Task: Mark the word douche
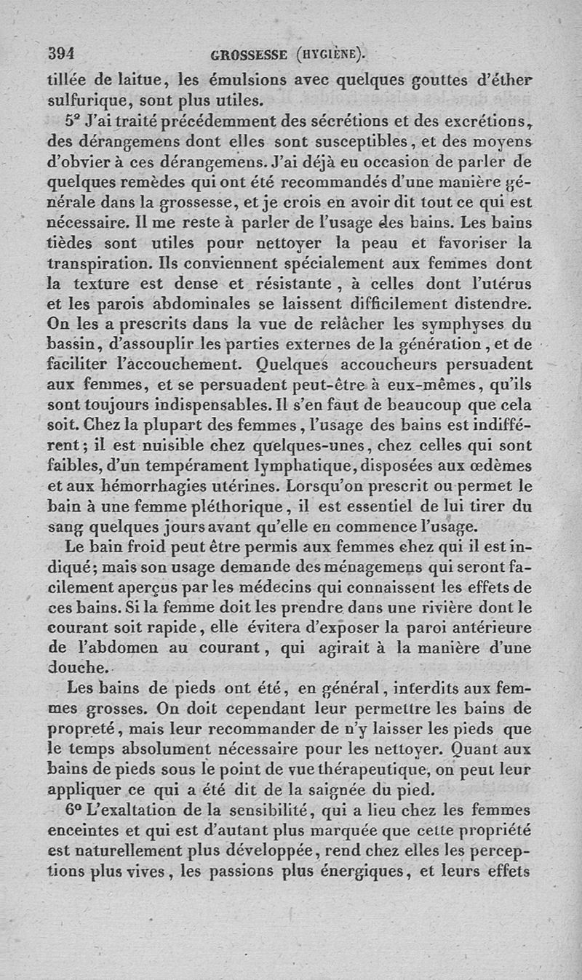(76, 666)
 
